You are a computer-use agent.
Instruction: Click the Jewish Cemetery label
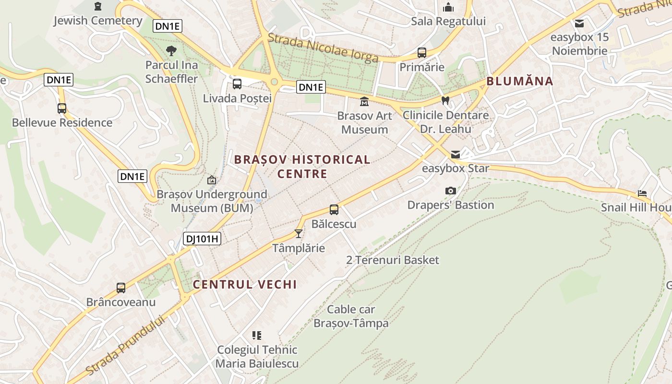[98, 21]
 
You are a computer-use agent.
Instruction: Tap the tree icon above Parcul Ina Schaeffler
[171, 50]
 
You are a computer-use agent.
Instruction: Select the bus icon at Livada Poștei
[237, 84]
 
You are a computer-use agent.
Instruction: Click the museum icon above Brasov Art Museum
[364, 102]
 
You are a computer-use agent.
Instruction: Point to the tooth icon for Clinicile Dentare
[445, 101]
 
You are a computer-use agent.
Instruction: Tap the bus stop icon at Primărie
[422, 53]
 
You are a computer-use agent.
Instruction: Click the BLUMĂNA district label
[520, 81]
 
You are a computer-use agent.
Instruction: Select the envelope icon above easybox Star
[455, 154]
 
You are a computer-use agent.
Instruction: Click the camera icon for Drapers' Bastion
[450, 191]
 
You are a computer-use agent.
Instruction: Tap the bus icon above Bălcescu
[334, 210]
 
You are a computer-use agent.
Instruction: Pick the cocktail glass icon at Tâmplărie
[299, 234]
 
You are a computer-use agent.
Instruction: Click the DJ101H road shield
[202, 239]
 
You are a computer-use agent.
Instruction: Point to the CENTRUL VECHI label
[245, 284]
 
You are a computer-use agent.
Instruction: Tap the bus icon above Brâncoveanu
[121, 288]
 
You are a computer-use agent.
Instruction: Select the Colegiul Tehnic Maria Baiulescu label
[257, 357]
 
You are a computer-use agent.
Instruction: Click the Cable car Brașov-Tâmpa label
[351, 316]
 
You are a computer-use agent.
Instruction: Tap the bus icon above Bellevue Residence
[62, 108]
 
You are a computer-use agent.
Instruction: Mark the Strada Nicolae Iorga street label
[323, 48]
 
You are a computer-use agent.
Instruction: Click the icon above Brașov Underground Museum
[212, 180]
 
